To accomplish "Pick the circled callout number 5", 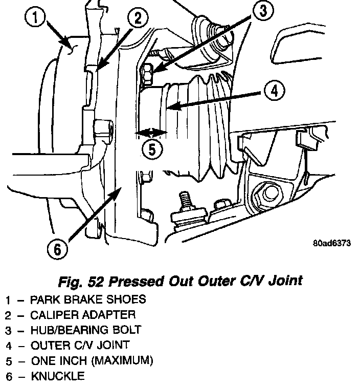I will [152, 150].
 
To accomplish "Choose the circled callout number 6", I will [57, 249].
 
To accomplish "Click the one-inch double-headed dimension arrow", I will [151, 133].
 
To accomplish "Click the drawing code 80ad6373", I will [332, 243].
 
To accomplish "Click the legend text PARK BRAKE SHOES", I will [88, 299].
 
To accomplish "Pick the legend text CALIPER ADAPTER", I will [83, 314].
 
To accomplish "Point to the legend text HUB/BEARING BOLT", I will [86, 330].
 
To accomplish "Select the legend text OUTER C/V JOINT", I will [80, 345].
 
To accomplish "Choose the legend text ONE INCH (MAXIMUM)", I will [92, 360].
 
